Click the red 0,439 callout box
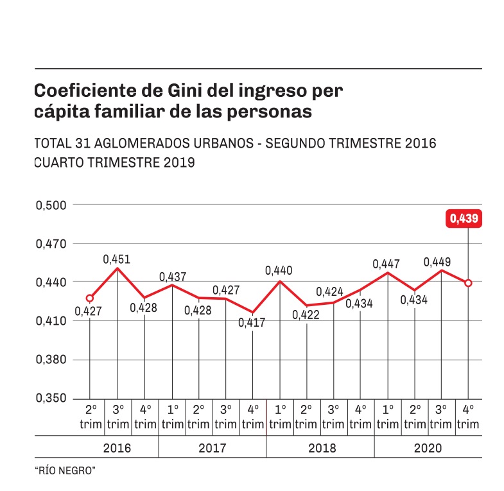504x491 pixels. [x=464, y=218]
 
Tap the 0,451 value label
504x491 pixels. [x=116, y=259]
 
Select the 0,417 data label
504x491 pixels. [x=252, y=323]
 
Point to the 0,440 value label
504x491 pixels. [x=279, y=271]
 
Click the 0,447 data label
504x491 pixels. [x=386, y=264]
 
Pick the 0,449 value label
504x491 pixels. [x=437, y=262]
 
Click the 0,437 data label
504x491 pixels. [x=172, y=277]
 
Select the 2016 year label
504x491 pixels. [x=117, y=448]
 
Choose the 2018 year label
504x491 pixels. [x=321, y=448]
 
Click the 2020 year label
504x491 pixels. [x=428, y=448]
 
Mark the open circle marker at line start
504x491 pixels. [x=90, y=298]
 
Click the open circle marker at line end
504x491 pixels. [x=468, y=283]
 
